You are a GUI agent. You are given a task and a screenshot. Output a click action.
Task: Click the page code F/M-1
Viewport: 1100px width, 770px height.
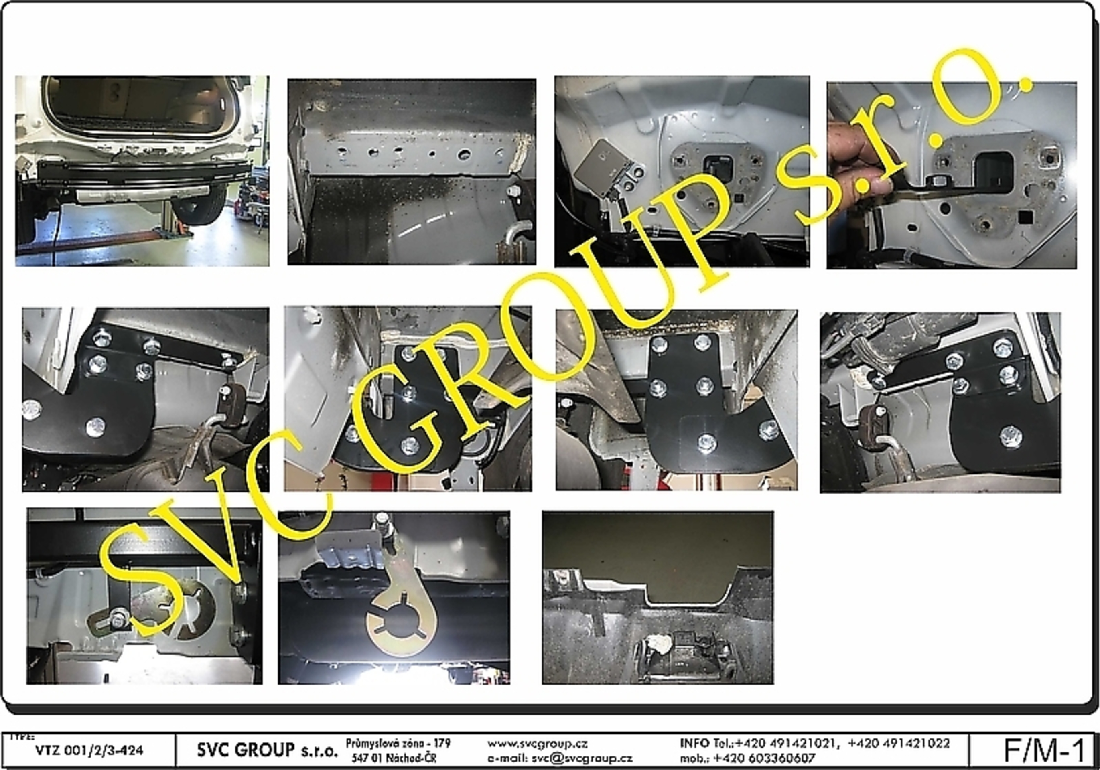(1043, 751)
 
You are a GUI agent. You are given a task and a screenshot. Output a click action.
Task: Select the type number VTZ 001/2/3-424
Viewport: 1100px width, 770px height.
(89, 750)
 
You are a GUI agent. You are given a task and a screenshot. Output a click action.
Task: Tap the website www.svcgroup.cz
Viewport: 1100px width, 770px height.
(537, 744)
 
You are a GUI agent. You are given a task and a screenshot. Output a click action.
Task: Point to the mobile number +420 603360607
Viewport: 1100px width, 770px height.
(764, 758)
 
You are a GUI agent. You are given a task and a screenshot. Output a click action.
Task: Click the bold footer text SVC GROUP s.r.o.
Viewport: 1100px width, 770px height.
(267, 750)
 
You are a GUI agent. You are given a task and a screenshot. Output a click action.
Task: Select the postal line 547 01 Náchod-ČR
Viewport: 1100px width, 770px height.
(394, 758)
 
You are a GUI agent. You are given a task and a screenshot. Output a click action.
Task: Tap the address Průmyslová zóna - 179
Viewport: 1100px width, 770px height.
(398, 744)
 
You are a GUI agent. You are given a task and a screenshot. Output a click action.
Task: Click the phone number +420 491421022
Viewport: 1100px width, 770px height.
(899, 744)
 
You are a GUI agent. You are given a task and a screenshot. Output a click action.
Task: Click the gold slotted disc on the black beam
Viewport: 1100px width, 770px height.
(400, 622)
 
